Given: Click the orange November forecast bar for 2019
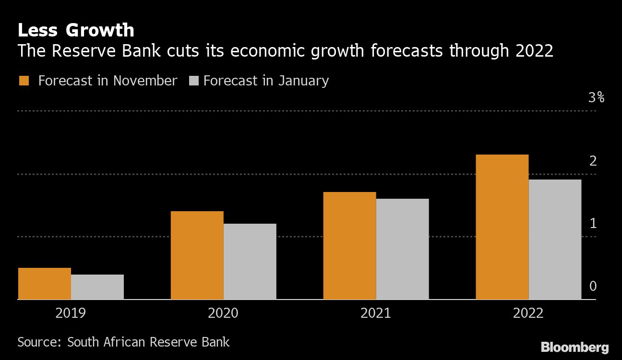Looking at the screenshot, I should pyautogui.click(x=45, y=284).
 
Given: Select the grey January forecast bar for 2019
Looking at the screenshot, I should pyautogui.click(x=97, y=287).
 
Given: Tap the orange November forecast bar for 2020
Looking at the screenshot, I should pyautogui.click(x=197, y=255).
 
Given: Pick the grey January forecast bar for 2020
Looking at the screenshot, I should pyautogui.click(x=250, y=262).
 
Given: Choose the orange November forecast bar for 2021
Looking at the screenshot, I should pyautogui.click(x=349, y=246).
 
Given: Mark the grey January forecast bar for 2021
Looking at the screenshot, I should pyautogui.click(x=402, y=249).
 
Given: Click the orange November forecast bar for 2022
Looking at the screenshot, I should pyautogui.click(x=502, y=227).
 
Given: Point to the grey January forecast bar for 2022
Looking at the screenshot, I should pyautogui.click(x=555, y=240).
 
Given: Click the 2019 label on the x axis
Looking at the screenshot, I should pyautogui.click(x=71, y=314).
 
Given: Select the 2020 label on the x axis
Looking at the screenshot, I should pyautogui.click(x=223, y=314).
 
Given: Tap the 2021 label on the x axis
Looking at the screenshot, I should pyautogui.click(x=376, y=314).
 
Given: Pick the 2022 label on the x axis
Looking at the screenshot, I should pyautogui.click(x=528, y=314).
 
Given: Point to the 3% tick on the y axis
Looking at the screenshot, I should pyautogui.click(x=596, y=98).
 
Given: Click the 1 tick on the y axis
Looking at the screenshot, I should pyautogui.click(x=593, y=224).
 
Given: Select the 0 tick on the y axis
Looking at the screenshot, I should pyautogui.click(x=593, y=287).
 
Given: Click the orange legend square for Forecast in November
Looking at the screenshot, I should pyautogui.click(x=24, y=81).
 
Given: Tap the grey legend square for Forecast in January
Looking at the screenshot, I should pyautogui.click(x=194, y=81).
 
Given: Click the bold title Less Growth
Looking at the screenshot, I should pyautogui.click(x=76, y=30).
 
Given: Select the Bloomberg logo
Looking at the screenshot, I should pyautogui.click(x=574, y=348).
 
